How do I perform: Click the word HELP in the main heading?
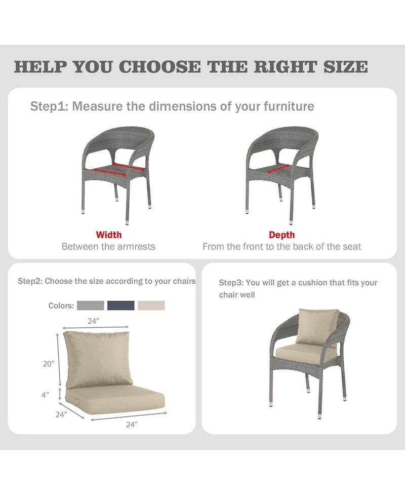tap(40, 67)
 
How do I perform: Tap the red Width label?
tap(109, 235)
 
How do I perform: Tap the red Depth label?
tap(281, 235)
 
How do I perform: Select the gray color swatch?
tap(91, 306)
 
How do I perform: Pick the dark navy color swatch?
tap(121, 306)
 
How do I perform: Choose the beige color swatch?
tap(151, 306)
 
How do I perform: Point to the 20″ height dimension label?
tap(48, 363)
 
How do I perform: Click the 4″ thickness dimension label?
tap(46, 394)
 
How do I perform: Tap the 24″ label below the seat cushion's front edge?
tap(132, 425)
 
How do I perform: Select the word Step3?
tap(230, 283)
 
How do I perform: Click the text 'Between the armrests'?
tap(108, 247)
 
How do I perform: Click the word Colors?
tap(61, 306)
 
